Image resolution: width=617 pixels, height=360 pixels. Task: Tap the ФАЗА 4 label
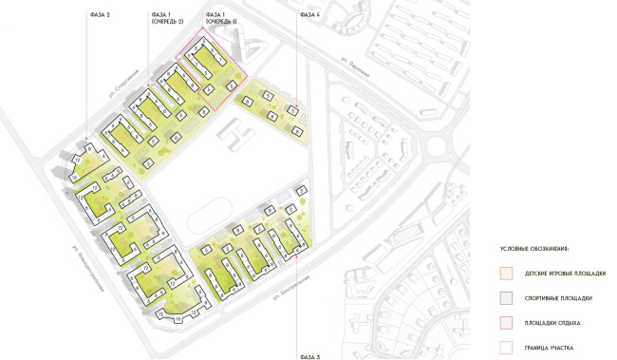coord(309,15)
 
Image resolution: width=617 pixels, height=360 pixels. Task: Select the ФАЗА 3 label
coord(309,355)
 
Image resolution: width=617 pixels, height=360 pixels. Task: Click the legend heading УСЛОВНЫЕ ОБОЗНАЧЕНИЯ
coord(534,248)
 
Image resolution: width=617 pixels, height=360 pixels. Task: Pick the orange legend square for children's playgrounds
coord(505,274)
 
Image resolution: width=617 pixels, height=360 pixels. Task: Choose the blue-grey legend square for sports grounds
coord(505,298)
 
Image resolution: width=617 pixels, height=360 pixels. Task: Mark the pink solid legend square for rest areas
coord(505,323)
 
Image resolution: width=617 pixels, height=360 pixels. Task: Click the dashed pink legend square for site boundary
coord(505,348)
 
